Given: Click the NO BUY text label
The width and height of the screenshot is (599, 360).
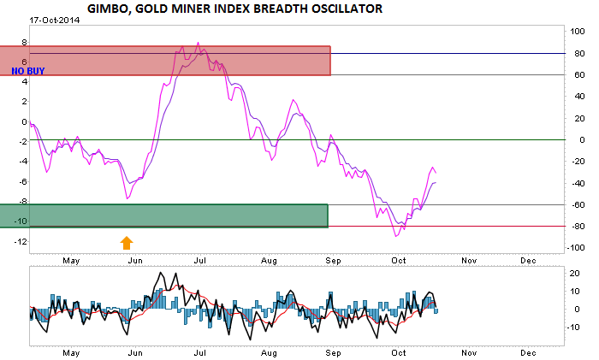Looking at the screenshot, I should click(x=27, y=71).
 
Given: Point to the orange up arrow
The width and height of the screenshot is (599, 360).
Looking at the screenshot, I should click(x=128, y=242).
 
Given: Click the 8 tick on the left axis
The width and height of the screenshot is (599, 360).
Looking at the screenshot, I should click(x=24, y=41).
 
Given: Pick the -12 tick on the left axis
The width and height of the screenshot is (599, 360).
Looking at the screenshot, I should click(x=21, y=241).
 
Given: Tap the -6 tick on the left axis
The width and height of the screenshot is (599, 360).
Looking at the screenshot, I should click(x=22, y=181).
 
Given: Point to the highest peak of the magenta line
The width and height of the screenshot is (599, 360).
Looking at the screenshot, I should click(x=199, y=43).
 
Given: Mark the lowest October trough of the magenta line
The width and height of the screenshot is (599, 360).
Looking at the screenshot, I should click(x=396, y=236).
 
